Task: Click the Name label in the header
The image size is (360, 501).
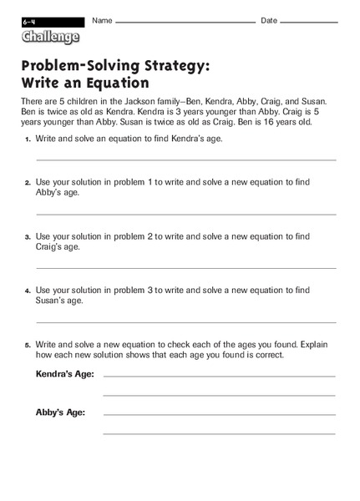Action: tap(102, 20)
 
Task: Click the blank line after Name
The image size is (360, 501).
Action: tap(185, 23)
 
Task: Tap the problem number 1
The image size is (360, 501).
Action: tap(28, 139)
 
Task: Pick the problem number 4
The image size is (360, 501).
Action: tap(28, 291)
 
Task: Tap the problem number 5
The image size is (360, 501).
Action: tap(28, 345)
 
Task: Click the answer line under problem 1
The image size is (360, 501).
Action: tap(185, 159)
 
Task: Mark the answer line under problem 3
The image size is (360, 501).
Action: tap(185, 268)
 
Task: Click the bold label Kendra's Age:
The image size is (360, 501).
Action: tap(65, 374)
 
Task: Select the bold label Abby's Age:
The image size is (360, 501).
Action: tap(61, 412)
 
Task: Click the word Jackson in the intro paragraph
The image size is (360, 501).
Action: tap(148, 100)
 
